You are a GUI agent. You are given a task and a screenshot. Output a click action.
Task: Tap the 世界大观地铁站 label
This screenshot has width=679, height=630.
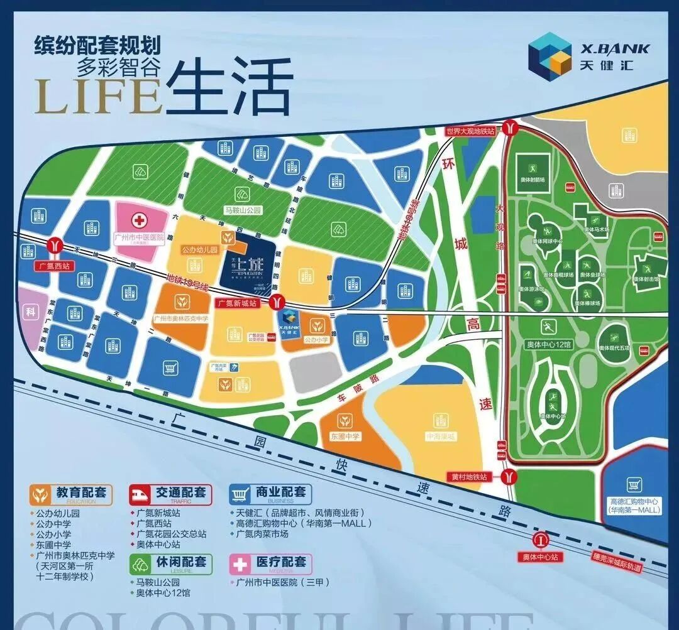click(x=470, y=131)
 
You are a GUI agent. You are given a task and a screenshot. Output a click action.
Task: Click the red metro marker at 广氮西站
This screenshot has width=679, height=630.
click(x=56, y=243)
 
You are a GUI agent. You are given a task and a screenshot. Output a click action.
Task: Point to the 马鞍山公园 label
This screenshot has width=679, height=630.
click(x=242, y=210)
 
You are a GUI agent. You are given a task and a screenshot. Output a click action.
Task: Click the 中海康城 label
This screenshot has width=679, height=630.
click(x=441, y=436)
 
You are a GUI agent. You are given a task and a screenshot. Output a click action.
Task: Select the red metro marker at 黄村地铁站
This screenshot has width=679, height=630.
click(x=511, y=477)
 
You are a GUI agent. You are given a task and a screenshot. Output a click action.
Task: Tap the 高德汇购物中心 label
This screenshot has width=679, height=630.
click(x=634, y=501)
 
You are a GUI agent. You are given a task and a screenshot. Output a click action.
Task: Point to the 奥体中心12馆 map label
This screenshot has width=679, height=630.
click(x=549, y=345)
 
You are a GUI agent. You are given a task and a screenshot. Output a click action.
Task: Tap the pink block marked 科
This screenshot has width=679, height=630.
click(x=29, y=312)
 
